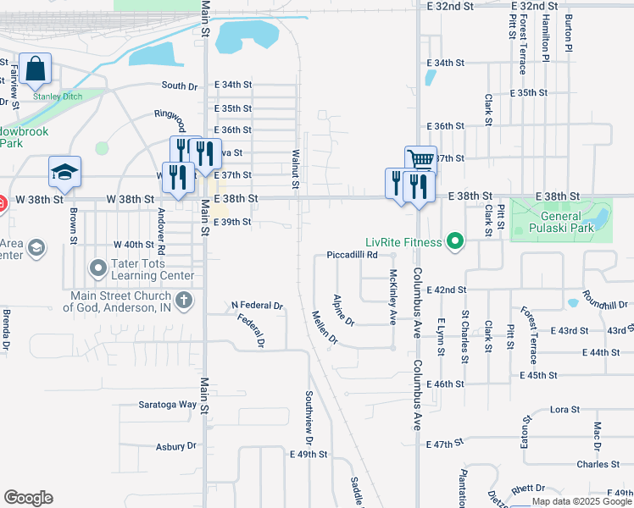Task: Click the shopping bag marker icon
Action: (x=36, y=70)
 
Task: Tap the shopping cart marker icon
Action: (x=420, y=160)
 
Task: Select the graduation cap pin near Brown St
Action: (x=64, y=172)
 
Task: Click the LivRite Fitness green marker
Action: (x=455, y=243)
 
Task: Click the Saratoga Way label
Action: (x=168, y=405)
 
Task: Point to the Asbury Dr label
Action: (x=175, y=446)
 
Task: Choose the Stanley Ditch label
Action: (x=58, y=97)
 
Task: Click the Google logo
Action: (x=28, y=498)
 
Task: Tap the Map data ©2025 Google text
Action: (x=581, y=501)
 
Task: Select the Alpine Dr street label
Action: (x=343, y=309)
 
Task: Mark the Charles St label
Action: (x=598, y=464)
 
